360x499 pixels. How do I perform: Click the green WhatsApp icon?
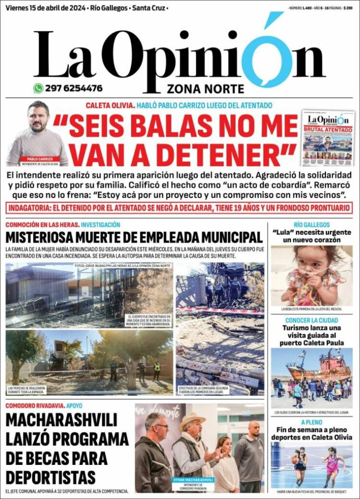tap(38, 88)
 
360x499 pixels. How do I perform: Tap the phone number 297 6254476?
tap(74, 88)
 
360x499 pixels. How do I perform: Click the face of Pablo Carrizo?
tap(38, 117)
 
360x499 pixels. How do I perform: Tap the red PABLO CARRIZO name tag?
tap(39, 159)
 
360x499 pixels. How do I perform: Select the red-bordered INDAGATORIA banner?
tap(180, 208)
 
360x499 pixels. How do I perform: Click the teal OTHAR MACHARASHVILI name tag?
tap(193, 480)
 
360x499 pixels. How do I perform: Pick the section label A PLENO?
tap(311, 422)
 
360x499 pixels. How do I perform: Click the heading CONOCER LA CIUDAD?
tap(311, 320)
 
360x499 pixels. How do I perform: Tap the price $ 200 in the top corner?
tap(348, 8)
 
